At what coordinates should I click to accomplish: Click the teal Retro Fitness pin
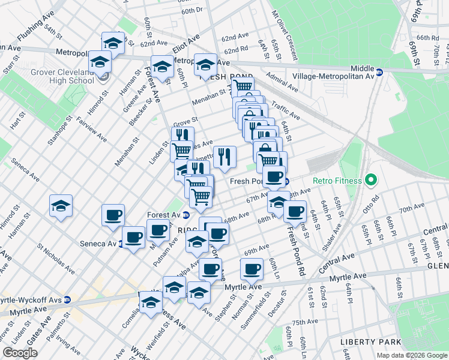370,180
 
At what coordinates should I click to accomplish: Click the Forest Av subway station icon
186,215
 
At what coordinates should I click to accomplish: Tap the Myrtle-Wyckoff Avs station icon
67,299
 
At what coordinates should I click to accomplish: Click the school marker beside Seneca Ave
61,205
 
